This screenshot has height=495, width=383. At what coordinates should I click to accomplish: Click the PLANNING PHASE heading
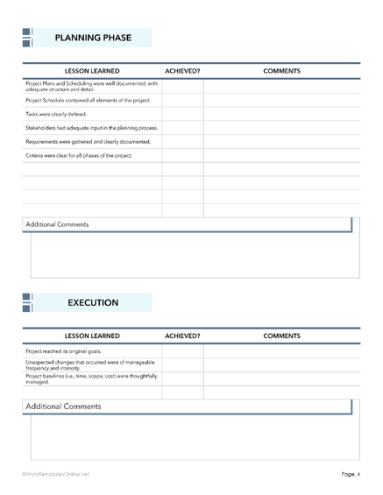tap(93, 38)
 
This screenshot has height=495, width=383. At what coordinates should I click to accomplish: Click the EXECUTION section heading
tap(93, 302)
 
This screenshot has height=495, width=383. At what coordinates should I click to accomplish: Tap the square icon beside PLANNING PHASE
tap(27, 38)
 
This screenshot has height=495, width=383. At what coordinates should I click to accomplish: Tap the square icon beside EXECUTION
tap(27, 302)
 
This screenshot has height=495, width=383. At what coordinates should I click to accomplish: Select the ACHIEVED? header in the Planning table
tap(182, 71)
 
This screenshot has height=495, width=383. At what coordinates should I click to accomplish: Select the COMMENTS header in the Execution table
tap(281, 336)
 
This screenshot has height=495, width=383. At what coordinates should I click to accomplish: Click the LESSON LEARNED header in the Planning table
tap(92, 71)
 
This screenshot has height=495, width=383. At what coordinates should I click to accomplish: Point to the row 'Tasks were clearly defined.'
tap(57, 114)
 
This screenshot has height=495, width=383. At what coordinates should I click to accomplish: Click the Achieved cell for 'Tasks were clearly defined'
tap(182, 114)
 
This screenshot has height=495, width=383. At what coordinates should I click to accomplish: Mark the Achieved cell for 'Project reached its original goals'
tap(182, 350)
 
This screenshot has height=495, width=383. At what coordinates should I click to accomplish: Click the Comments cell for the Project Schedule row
tap(281, 101)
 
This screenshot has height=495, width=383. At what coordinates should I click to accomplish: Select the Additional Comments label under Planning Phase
tap(57, 224)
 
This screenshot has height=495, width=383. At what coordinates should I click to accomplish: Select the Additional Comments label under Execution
tap(63, 407)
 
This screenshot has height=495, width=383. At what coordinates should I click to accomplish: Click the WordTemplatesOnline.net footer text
tap(56, 474)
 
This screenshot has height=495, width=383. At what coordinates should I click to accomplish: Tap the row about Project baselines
tap(91, 378)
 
